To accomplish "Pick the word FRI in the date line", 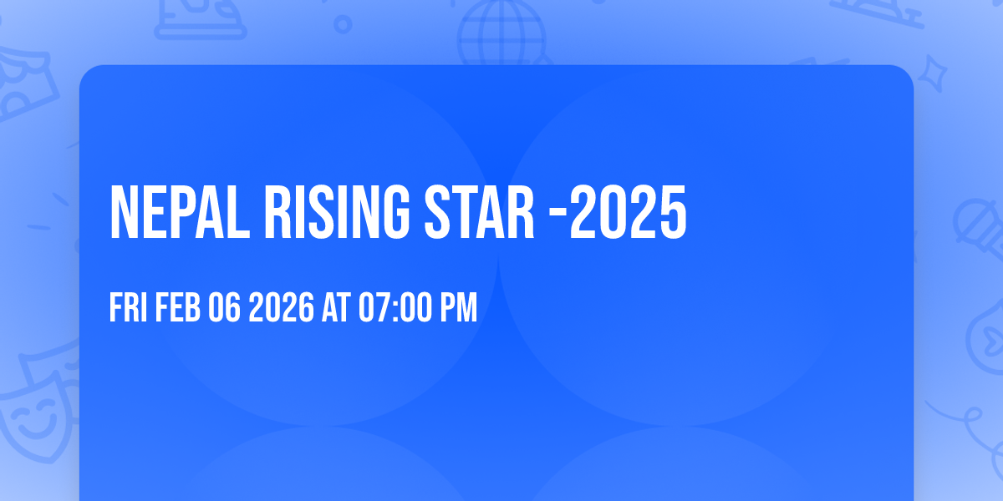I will coord(128,308).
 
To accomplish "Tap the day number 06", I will coord(225,308).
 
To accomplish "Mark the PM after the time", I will coord(459,308).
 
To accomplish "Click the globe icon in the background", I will coord(501,33).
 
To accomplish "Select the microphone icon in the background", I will coord(978,225).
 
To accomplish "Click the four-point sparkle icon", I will coord(937,73).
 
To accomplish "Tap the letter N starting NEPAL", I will coord(123,213).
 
